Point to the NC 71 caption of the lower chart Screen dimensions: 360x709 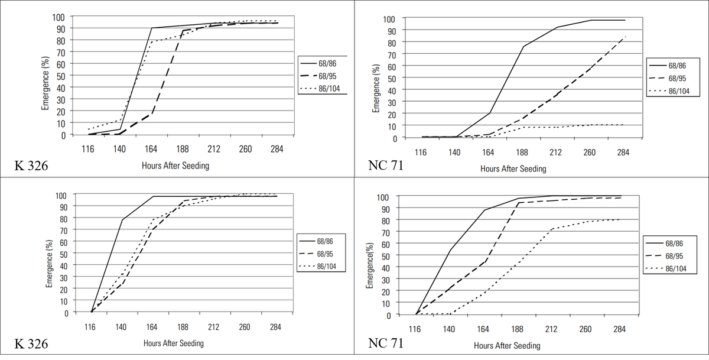tap(386, 343)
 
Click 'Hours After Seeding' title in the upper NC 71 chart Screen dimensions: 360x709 tap(513, 168)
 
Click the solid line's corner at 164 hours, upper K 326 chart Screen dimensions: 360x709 tap(151, 28)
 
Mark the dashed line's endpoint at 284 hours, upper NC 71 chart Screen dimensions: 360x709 tap(625, 37)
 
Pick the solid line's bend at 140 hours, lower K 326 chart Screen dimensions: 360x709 tap(122, 220)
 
